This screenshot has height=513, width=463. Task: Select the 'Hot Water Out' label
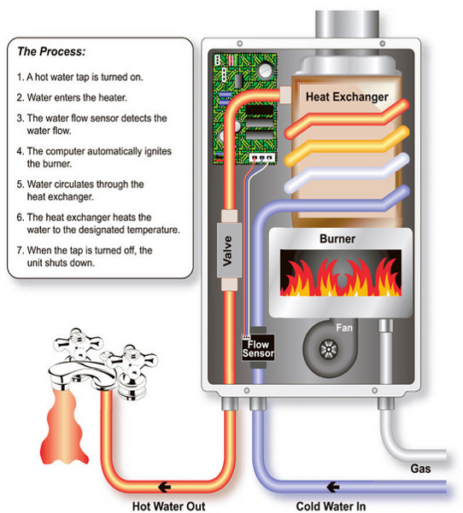[171, 504]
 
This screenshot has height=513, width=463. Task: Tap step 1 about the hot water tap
[84, 77]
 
